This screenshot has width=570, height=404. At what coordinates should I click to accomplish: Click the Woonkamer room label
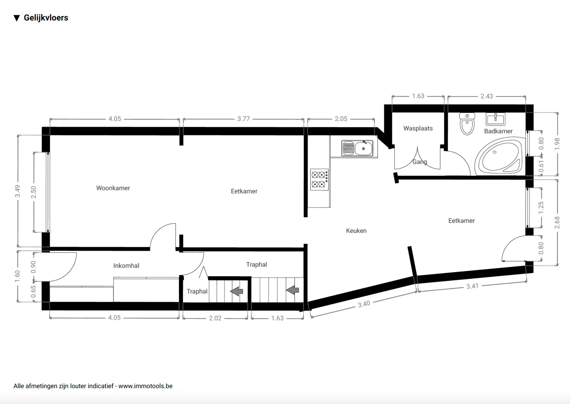point(113,188)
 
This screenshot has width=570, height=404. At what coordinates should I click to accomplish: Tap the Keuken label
point(356,231)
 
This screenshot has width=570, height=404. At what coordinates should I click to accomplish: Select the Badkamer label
point(498,131)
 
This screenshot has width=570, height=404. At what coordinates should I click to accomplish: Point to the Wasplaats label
point(418,128)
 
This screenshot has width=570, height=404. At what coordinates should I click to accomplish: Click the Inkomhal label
point(126,266)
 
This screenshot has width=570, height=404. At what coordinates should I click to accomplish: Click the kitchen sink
point(357,148)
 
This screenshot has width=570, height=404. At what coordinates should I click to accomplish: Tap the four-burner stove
point(319,179)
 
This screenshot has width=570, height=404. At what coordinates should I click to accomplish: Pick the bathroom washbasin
point(495,119)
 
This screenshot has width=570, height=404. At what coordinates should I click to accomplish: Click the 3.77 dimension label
point(243,119)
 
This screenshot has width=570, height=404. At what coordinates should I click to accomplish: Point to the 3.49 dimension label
point(17,191)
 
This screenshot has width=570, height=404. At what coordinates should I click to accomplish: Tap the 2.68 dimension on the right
point(557,223)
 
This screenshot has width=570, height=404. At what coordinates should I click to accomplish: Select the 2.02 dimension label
point(215,318)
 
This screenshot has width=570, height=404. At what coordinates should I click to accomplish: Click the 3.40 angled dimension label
point(364,304)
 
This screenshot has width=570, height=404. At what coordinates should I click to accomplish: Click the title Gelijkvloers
point(46,18)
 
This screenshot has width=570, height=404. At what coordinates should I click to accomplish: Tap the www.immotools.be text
point(145,386)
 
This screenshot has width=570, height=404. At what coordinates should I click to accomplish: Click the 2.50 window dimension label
point(34,192)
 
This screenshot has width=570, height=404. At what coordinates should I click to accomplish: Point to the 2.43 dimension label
point(486,96)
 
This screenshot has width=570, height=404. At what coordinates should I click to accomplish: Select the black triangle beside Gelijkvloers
point(17,18)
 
